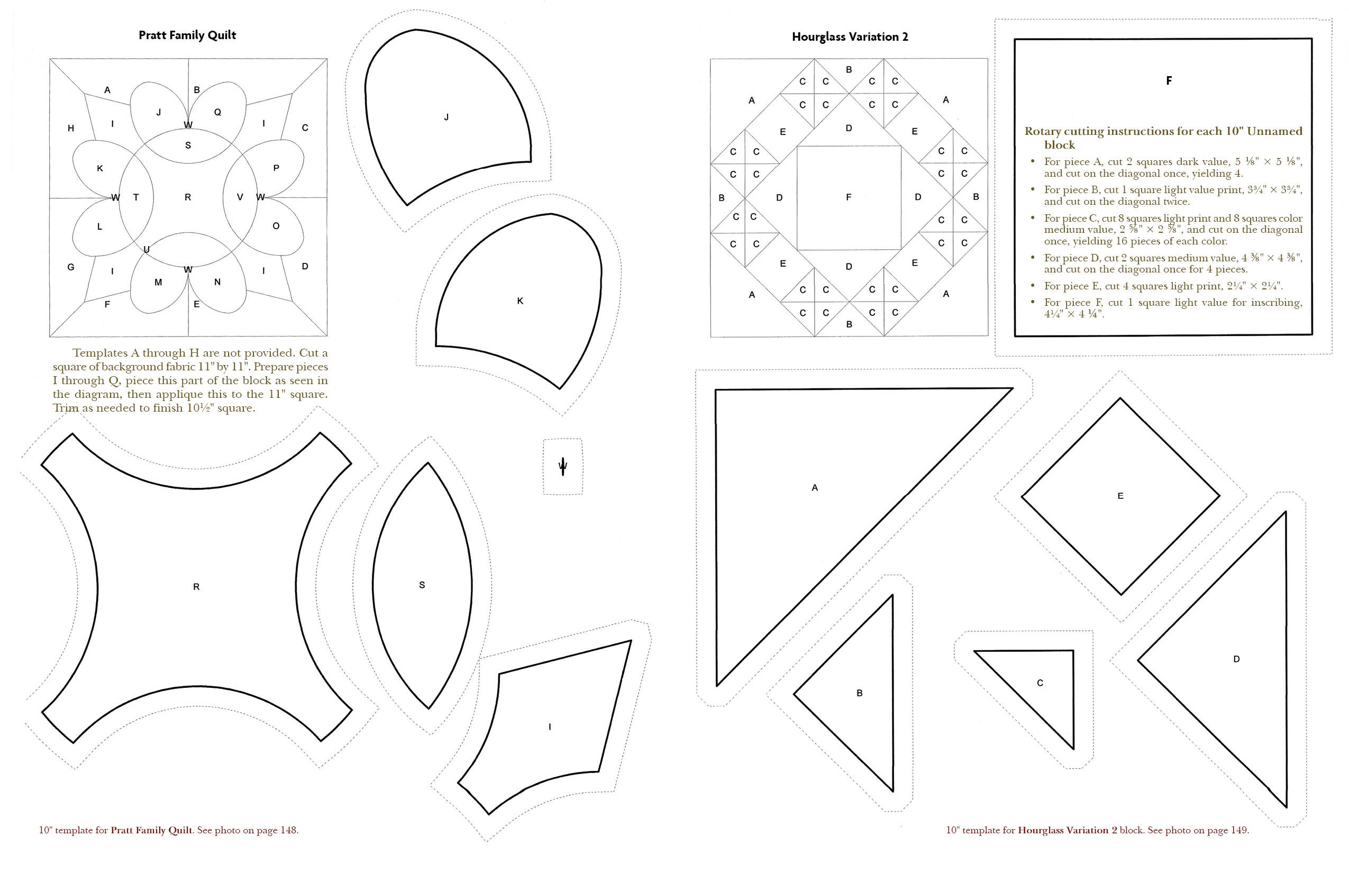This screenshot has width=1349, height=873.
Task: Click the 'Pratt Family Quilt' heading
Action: click(187, 35)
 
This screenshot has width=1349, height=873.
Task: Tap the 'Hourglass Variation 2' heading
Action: click(850, 37)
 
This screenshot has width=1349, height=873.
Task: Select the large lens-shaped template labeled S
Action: click(422, 585)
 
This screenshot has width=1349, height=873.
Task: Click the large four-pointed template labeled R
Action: click(196, 587)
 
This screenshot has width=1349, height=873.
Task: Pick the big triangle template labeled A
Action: click(815, 487)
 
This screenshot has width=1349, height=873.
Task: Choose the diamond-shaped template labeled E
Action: click(1120, 496)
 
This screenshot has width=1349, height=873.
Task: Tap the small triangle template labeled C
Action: click(1040, 683)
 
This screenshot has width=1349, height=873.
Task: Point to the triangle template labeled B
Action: click(859, 693)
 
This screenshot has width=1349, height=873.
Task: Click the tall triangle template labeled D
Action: click(1236, 659)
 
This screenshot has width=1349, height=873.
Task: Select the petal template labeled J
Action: click(446, 117)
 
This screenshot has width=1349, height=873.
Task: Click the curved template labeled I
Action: click(549, 727)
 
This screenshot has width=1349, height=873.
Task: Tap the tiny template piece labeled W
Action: click(563, 467)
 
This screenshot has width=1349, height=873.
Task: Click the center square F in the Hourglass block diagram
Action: click(849, 197)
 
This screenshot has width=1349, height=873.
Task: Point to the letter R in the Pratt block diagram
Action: click(188, 197)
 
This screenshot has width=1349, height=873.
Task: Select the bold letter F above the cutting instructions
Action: click(1169, 81)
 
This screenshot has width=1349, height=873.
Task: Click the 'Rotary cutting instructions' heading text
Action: click(1163, 132)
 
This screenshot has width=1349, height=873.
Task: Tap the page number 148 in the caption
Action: click(288, 831)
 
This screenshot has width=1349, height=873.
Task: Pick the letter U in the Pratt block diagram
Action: click(146, 249)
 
